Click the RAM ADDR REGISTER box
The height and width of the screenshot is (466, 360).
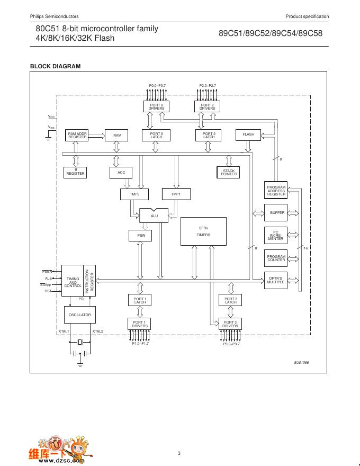(x=77, y=135)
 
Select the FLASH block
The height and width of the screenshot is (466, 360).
(x=248, y=135)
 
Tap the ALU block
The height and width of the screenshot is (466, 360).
(x=154, y=216)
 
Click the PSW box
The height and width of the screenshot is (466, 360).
(x=141, y=235)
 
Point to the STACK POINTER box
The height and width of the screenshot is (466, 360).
(x=229, y=172)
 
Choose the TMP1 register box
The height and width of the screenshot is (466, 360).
(x=176, y=194)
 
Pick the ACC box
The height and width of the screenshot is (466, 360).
(x=121, y=172)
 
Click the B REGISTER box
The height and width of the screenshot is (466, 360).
(x=75, y=172)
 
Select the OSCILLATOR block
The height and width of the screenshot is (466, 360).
(x=80, y=315)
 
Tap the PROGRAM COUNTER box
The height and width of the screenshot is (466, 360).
(x=276, y=258)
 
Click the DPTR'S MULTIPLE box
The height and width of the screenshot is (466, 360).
(x=276, y=280)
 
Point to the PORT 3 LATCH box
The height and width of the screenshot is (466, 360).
(x=230, y=300)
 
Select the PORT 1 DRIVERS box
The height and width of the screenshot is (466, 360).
(x=139, y=324)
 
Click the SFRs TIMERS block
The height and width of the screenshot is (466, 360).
(x=203, y=231)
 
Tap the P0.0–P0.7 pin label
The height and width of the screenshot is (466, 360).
(x=157, y=85)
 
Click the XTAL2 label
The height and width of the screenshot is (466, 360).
(x=98, y=331)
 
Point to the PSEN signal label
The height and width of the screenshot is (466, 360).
(x=47, y=271)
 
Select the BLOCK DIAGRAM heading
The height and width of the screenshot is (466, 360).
(x=55, y=66)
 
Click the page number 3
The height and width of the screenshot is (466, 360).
(x=179, y=453)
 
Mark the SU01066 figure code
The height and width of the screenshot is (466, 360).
(x=301, y=362)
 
